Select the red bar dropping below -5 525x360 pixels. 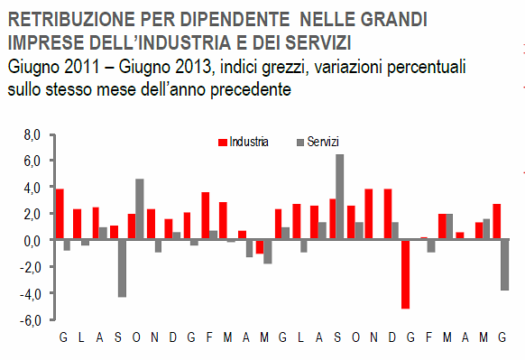coord(405,274)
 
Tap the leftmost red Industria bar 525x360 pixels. coord(60,214)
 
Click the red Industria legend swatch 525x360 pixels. coord(221,142)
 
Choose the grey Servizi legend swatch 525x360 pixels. coord(299,142)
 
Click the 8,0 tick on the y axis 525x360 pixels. coord(32,134)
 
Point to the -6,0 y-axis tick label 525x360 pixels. coord(32,320)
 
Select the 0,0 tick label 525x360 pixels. coord(32,241)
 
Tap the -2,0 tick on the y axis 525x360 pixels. coord(32,267)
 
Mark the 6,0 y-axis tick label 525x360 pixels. coord(32,161)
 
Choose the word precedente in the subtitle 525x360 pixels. coord(243,89)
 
